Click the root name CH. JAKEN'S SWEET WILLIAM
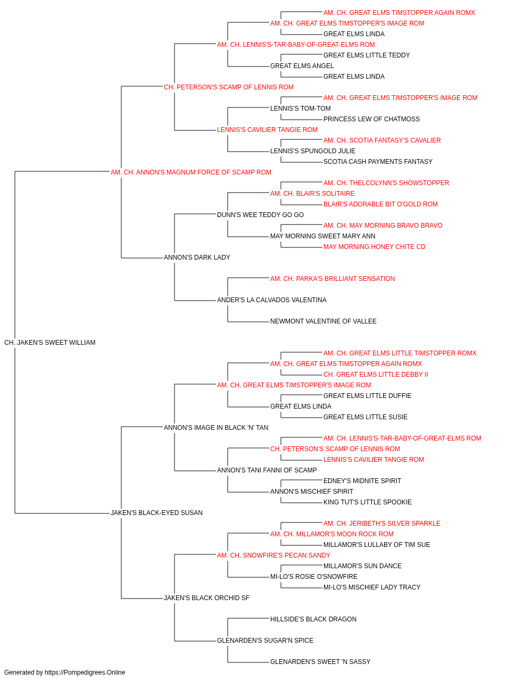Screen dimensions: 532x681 pyautogui.click(x=50, y=343)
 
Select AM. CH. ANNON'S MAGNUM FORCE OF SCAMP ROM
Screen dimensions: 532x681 pyautogui.click(x=191, y=172)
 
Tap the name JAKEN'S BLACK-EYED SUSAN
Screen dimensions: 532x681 pyautogui.click(x=156, y=513)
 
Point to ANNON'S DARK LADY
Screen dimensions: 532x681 pyautogui.click(x=197, y=258)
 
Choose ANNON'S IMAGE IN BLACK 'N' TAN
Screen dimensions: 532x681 pyautogui.click(x=216, y=428)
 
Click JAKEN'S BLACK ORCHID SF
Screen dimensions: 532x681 pyautogui.click(x=207, y=598)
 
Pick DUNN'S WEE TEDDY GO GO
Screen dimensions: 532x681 pyautogui.click(x=260, y=215)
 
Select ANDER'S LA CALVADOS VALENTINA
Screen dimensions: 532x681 pyautogui.click(x=272, y=300)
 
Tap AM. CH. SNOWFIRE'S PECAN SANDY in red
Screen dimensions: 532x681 pyautogui.click(x=273, y=555)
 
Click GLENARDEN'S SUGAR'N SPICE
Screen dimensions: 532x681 pyautogui.click(x=265, y=641)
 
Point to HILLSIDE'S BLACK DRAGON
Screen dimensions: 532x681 pyautogui.click(x=313, y=619)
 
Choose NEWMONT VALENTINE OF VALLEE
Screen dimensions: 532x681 pyautogui.click(x=323, y=321)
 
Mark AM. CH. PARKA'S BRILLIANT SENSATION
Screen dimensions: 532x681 pyautogui.click(x=332, y=279)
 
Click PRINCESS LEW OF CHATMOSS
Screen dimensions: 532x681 pyautogui.click(x=371, y=119)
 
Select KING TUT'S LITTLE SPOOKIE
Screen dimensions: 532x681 pyautogui.click(x=368, y=502)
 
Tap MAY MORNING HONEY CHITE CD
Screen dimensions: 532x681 pyautogui.click(x=375, y=247)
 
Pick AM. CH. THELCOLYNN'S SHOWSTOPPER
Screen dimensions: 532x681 pyautogui.click(x=386, y=183)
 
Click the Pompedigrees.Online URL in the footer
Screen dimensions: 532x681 pyautogui.click(x=85, y=672)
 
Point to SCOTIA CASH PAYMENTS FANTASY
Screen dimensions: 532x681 pyautogui.click(x=378, y=162)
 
